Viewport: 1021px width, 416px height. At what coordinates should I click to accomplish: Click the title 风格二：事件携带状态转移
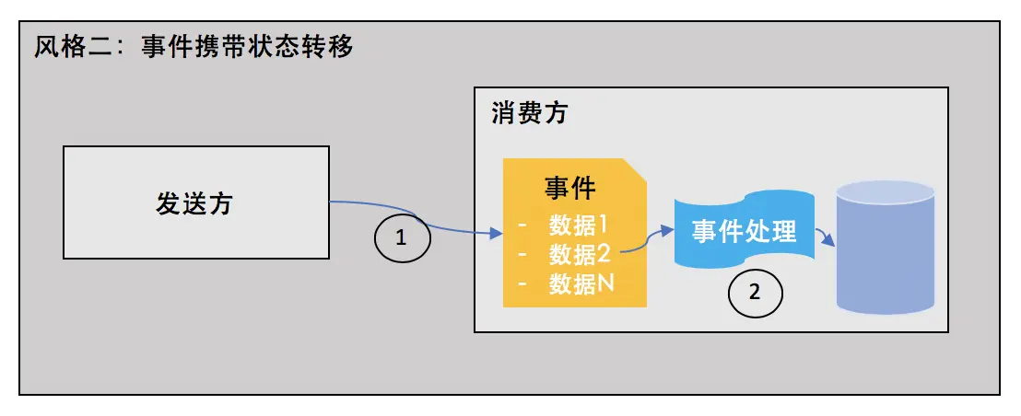coord(194,47)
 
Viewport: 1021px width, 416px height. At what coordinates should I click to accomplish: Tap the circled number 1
coord(401,238)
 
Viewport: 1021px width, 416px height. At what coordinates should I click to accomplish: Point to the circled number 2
coord(755,293)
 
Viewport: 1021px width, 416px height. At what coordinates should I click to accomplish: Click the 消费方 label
coord(530,113)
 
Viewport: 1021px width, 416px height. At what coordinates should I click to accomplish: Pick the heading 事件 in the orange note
coord(569,189)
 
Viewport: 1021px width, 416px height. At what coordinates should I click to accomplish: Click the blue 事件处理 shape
coord(744,230)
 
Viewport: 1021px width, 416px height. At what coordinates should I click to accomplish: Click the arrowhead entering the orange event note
coord(496,236)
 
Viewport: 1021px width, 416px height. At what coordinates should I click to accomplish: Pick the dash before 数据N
coord(522,283)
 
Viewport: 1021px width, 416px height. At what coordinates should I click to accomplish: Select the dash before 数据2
coord(522,253)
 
